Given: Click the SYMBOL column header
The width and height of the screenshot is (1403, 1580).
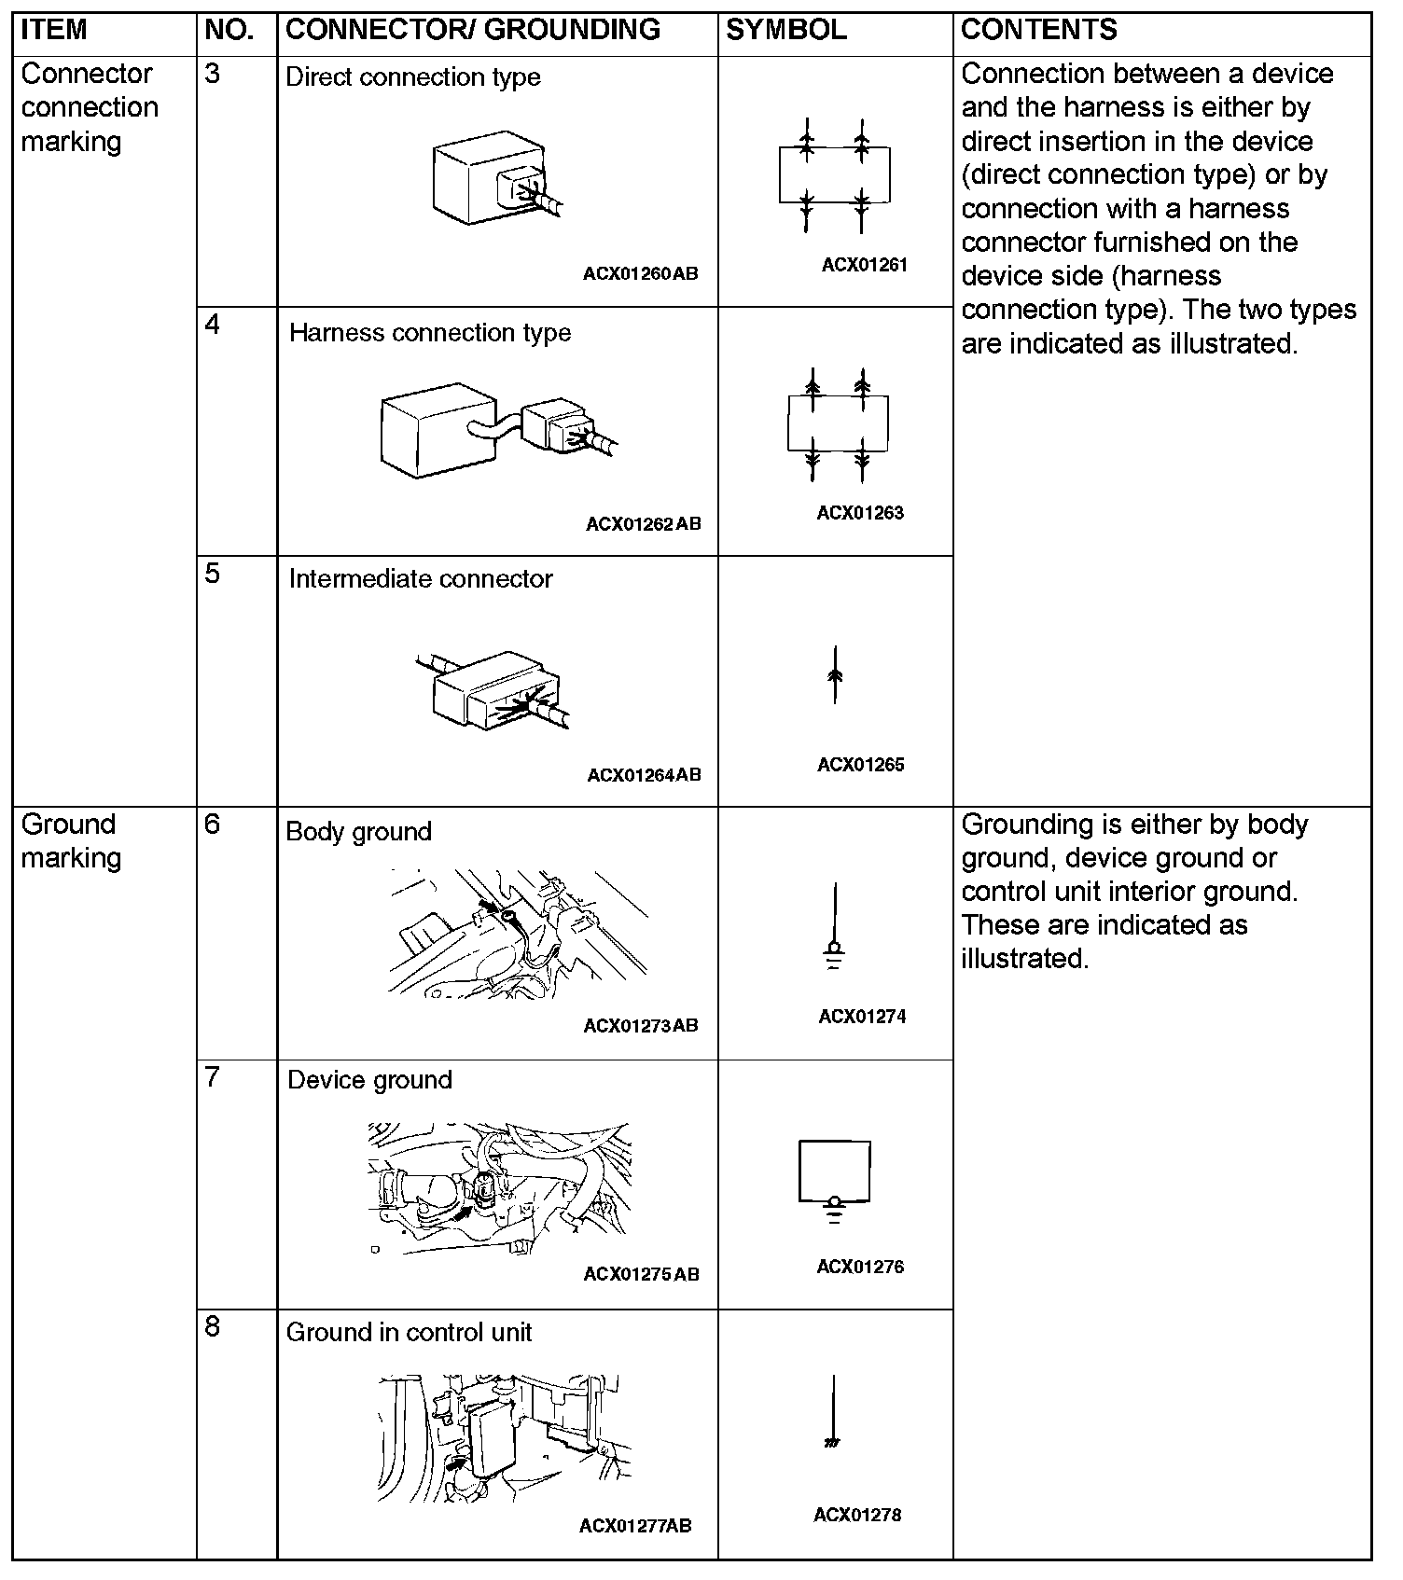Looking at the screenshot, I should (x=785, y=30).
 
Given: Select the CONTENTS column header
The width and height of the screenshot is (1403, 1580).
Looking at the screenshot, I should (x=1038, y=30).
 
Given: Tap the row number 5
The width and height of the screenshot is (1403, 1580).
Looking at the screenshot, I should (x=213, y=574).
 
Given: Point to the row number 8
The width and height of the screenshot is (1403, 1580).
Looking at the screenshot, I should (x=213, y=1327).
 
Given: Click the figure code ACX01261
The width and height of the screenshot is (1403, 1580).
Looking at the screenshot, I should (x=864, y=265).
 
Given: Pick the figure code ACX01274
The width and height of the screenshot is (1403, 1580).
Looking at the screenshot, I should (x=862, y=1017).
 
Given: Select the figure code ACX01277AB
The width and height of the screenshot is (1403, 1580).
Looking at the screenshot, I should (x=635, y=1526).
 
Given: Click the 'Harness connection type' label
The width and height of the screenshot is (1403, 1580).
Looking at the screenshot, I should (x=430, y=333).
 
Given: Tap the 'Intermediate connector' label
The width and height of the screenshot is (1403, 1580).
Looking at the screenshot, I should (x=421, y=579).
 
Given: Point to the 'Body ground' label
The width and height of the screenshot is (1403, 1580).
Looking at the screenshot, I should (x=359, y=832).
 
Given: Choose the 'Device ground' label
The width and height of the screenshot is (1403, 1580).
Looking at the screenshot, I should (x=369, y=1080).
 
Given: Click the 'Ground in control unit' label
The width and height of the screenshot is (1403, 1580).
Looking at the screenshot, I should (x=409, y=1332).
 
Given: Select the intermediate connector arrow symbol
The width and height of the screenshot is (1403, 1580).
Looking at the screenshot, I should (x=835, y=674).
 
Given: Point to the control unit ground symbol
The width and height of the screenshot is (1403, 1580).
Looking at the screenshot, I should (x=833, y=1414).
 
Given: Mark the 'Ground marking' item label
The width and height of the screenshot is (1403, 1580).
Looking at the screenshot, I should (x=72, y=841).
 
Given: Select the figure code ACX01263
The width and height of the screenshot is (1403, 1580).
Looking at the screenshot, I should (x=860, y=513).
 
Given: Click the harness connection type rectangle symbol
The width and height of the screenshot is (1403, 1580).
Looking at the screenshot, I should (x=838, y=424).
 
